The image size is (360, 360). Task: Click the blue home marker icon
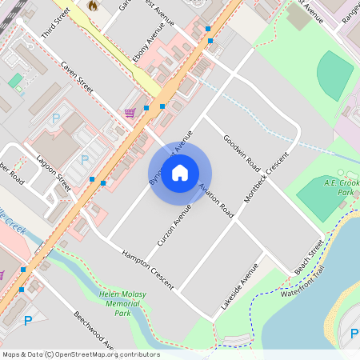click(x=180, y=172)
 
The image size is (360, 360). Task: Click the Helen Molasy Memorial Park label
click(x=122, y=303)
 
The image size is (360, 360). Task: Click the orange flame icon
click(x=93, y=6)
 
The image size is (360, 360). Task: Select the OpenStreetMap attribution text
click(x=81, y=354)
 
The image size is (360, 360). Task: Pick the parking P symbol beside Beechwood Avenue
click(x=29, y=321)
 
